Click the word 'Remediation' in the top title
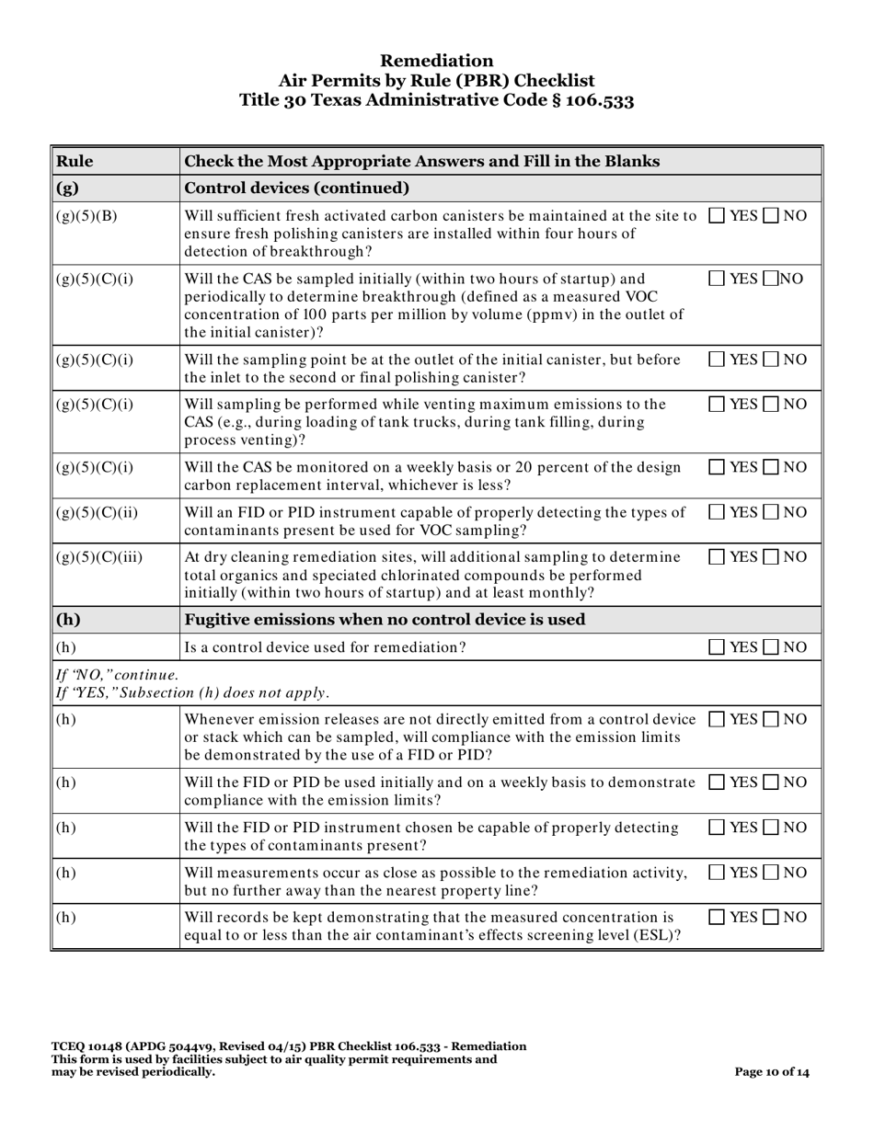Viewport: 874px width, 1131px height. point(436,61)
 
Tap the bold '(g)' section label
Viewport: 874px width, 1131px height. point(67,189)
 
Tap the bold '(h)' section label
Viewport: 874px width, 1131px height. point(67,619)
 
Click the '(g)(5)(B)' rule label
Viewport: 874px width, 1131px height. point(84,217)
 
